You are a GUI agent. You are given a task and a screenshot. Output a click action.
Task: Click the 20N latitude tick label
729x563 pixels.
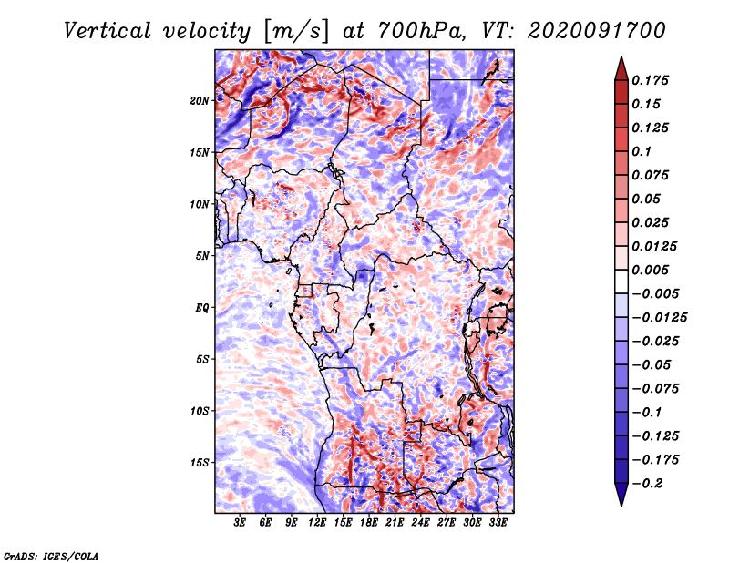point(200,101)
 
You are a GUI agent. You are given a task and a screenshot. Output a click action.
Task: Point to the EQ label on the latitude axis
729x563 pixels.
point(201,308)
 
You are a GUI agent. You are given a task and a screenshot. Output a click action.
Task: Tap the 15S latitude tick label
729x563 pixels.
point(200,463)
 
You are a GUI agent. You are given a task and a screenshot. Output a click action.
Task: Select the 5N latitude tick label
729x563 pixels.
point(202,256)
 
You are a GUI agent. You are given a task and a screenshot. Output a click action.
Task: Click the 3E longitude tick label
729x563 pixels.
point(240,523)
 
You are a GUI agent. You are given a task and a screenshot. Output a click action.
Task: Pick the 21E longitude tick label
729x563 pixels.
point(395,523)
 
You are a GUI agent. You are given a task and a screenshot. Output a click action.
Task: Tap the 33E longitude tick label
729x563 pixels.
point(498,523)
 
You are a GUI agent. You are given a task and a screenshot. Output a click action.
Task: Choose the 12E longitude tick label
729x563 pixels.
point(316,523)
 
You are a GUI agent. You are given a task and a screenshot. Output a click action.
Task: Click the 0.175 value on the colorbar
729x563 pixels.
point(650,80)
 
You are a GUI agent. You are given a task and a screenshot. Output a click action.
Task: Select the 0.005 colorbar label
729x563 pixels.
point(650,270)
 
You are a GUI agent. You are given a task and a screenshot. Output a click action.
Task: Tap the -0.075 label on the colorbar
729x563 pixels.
point(655,389)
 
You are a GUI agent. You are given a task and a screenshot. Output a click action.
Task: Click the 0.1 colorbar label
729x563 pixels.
point(642,151)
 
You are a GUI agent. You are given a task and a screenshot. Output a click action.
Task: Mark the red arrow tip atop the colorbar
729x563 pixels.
point(621,57)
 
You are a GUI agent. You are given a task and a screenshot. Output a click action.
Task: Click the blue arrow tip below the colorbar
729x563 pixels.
point(621,506)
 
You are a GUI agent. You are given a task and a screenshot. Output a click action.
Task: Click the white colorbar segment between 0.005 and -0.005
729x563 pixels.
point(621,281)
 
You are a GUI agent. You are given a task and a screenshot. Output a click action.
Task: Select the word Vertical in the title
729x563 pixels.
point(108,31)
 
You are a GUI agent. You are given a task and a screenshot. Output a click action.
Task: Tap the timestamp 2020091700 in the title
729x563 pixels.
point(597,31)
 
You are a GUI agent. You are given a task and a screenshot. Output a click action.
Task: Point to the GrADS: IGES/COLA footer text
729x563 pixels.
point(51,556)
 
